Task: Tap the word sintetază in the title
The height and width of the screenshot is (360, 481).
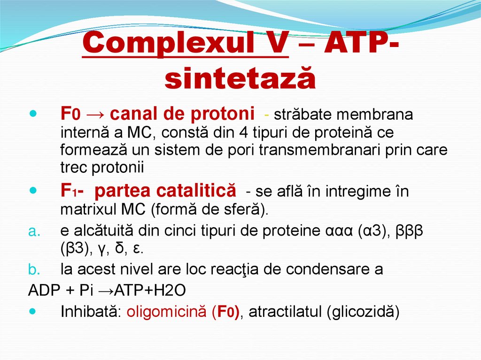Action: point(240,78)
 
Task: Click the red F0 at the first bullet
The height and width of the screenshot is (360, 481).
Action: point(71,114)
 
